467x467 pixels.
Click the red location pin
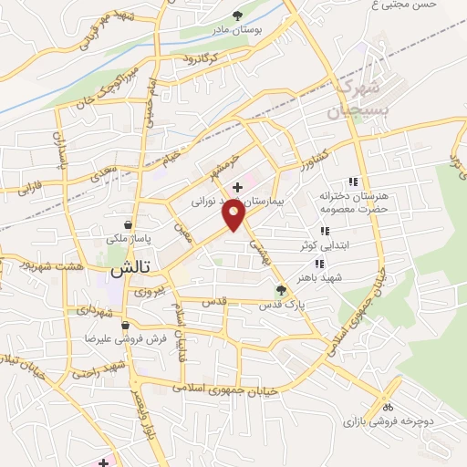[234, 215]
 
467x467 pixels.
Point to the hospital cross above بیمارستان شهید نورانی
[238, 186]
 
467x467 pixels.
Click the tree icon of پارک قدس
[281, 291]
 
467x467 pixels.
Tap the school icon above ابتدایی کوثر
[324, 232]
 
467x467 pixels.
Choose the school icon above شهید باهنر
[319, 263]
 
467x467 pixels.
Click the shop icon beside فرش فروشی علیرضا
[127, 325]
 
